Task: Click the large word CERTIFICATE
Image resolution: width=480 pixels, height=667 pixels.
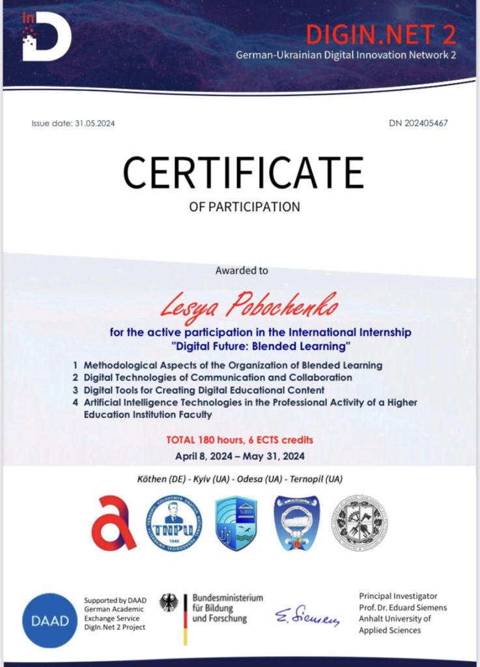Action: [243, 173]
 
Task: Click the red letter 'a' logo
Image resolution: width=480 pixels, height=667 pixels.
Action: [113, 522]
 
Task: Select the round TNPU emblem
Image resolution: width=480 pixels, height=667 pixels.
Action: [173, 523]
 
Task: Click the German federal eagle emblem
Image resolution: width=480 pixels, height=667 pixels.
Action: [171, 603]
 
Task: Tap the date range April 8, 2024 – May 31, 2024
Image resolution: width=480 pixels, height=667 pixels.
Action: [240, 455]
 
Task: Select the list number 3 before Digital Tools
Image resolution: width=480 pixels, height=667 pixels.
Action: [76, 390]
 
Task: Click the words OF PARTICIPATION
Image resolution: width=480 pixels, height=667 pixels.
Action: [244, 207]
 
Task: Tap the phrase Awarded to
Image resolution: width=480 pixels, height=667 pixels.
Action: [241, 270]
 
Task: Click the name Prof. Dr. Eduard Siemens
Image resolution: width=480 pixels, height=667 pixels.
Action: [403, 607]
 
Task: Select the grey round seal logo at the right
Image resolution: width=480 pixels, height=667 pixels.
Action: [360, 523]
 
